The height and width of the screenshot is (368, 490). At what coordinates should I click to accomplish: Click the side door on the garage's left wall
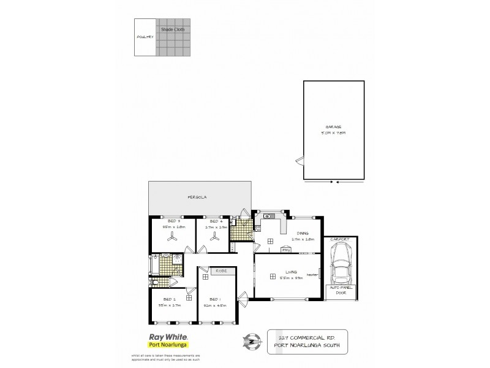(299, 161)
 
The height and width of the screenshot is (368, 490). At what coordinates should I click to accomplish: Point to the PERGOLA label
(197, 197)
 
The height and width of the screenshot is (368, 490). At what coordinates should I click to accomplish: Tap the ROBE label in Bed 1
(221, 270)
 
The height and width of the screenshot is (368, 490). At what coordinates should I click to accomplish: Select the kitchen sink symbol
(268, 217)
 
